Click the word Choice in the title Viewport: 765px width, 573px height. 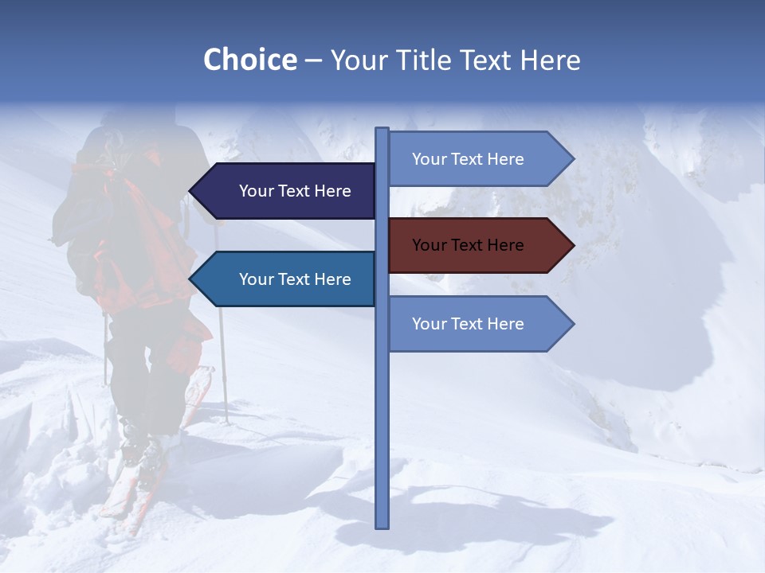click(x=249, y=60)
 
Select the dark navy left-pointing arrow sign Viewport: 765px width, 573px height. click(x=283, y=191)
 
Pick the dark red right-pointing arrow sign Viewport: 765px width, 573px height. click(x=478, y=245)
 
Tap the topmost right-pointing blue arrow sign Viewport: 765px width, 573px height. click(x=478, y=159)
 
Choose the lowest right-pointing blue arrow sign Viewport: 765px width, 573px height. click(x=478, y=324)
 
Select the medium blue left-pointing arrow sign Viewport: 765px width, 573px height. click(x=283, y=279)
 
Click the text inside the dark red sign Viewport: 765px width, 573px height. click(x=468, y=245)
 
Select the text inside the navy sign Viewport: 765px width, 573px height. click(x=295, y=191)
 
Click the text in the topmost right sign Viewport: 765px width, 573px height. click(x=468, y=159)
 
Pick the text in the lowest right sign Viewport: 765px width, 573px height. click(x=468, y=324)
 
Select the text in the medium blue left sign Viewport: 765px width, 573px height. click(x=295, y=279)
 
